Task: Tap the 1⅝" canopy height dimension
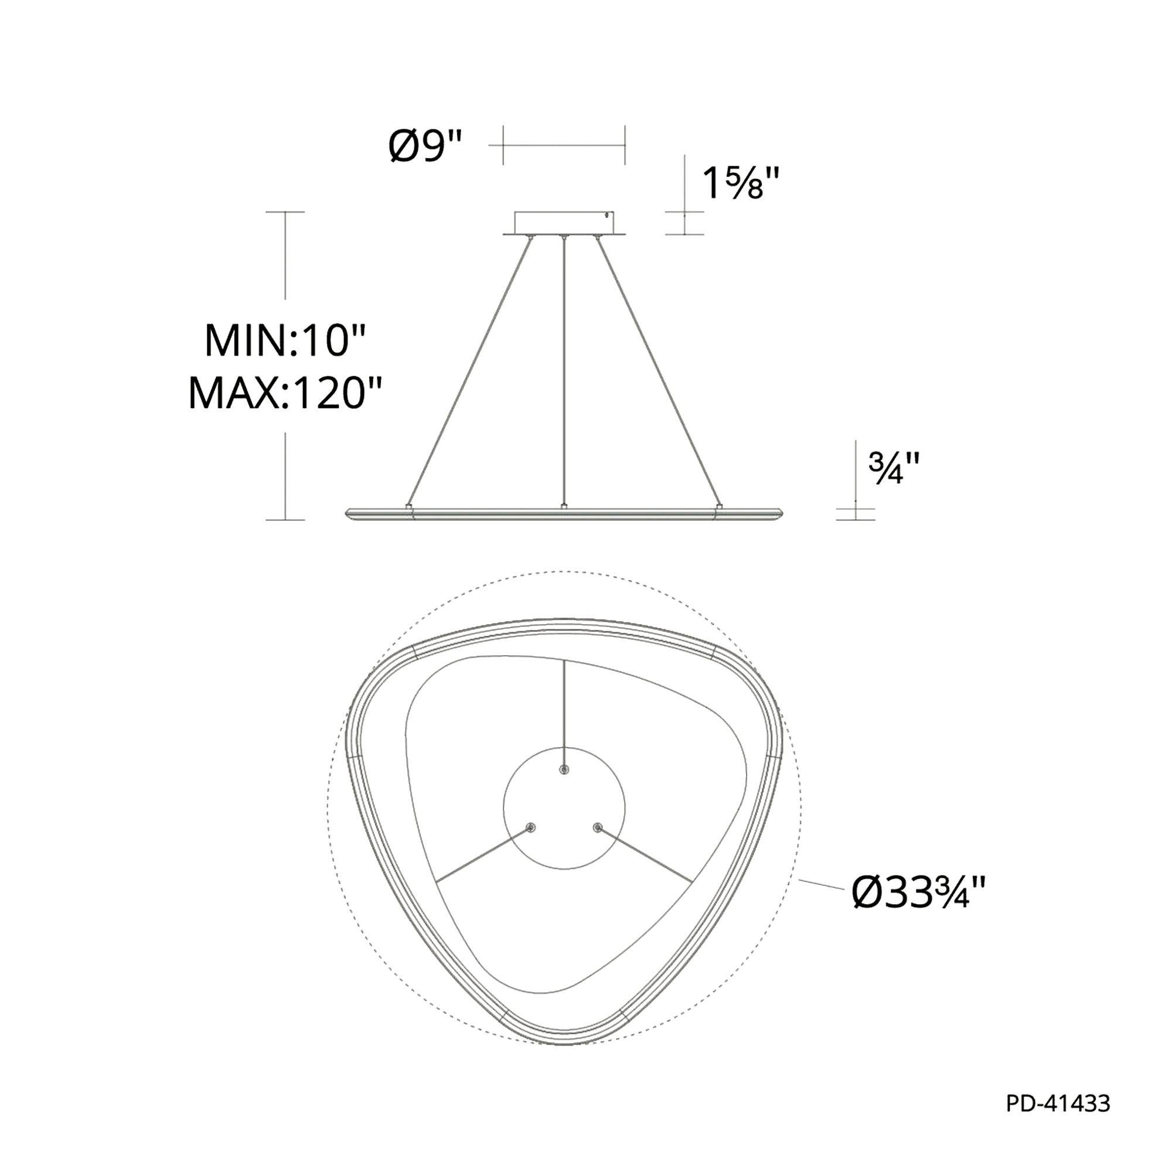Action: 740,183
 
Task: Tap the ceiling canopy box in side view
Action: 564,223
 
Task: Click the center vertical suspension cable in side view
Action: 565,372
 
